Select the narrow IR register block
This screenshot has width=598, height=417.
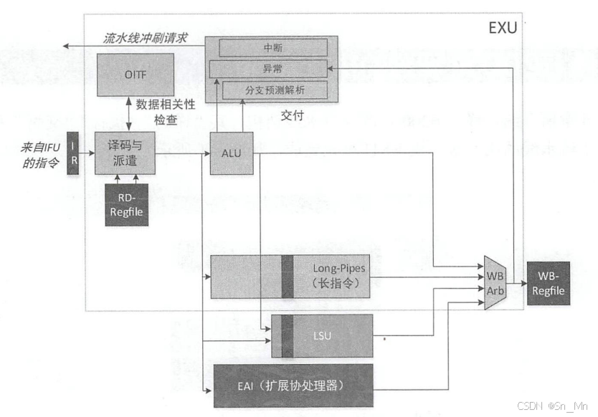[x=72, y=153]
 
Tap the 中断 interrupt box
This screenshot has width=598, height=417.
[x=272, y=47]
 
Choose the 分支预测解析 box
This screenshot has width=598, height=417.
[x=275, y=90]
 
